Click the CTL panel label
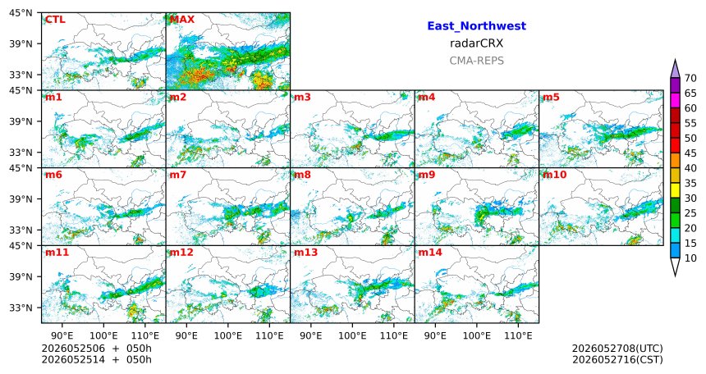click(x=55, y=20)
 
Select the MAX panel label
click(x=182, y=20)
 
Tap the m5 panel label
click(x=551, y=98)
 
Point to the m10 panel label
click(x=554, y=175)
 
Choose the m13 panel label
click(x=305, y=253)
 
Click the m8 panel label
click(x=302, y=175)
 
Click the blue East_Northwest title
click(x=476, y=26)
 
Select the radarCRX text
click(x=476, y=43)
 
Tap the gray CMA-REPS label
click(x=476, y=61)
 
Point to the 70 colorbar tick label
click(x=690, y=78)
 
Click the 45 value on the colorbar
click(x=690, y=153)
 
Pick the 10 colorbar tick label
click(x=690, y=258)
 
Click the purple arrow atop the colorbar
click(x=675, y=70)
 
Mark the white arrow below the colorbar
click(x=675, y=266)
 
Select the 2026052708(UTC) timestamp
click(x=617, y=349)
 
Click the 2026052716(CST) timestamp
click(x=617, y=360)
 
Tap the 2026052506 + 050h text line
click(x=96, y=349)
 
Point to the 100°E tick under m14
click(x=476, y=336)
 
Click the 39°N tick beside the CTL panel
click(x=21, y=43)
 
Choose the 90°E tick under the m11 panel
click(x=62, y=336)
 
